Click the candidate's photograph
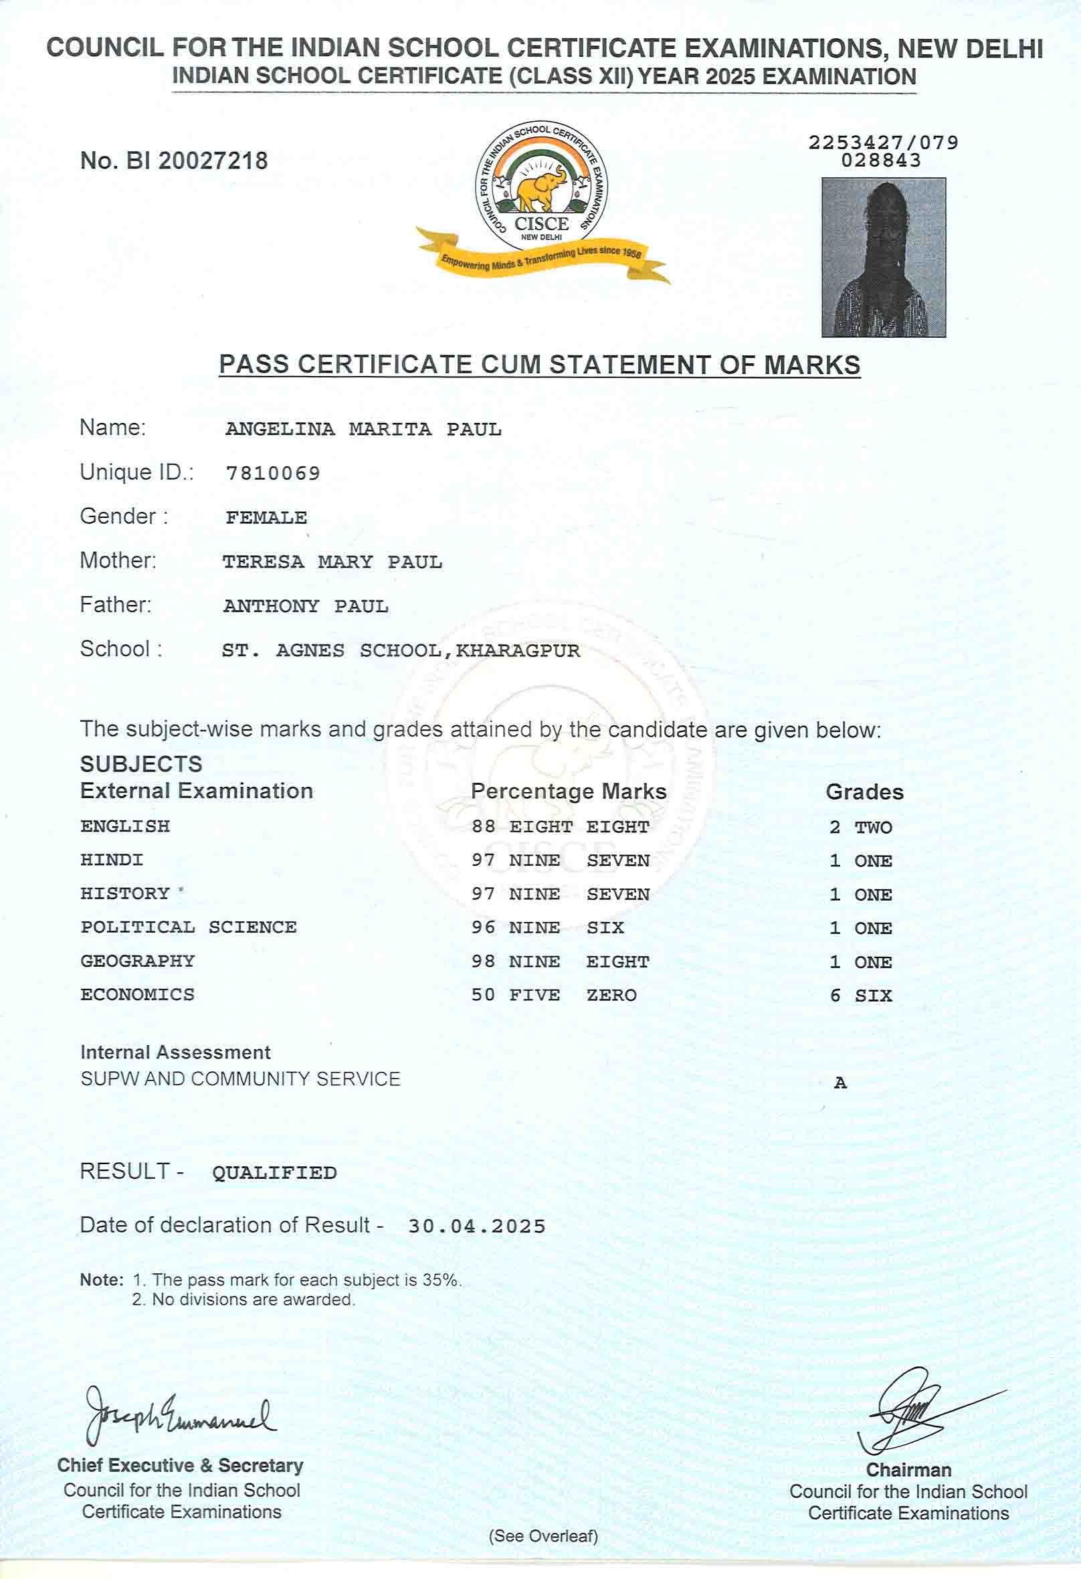(x=883, y=257)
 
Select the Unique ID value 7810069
(x=272, y=473)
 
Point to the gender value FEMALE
(x=266, y=518)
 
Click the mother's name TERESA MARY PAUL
(x=332, y=562)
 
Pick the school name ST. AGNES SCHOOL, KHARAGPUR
(x=401, y=651)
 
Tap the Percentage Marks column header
(x=568, y=792)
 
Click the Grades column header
(x=864, y=792)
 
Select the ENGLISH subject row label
(x=125, y=826)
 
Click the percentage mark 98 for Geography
(x=483, y=961)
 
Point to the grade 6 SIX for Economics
(x=861, y=996)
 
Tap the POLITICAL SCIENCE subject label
(x=188, y=927)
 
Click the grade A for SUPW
(x=840, y=1083)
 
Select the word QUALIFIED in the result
(x=274, y=1173)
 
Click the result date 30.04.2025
(x=476, y=1226)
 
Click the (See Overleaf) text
(x=543, y=1536)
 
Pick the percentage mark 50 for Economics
(x=483, y=996)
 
